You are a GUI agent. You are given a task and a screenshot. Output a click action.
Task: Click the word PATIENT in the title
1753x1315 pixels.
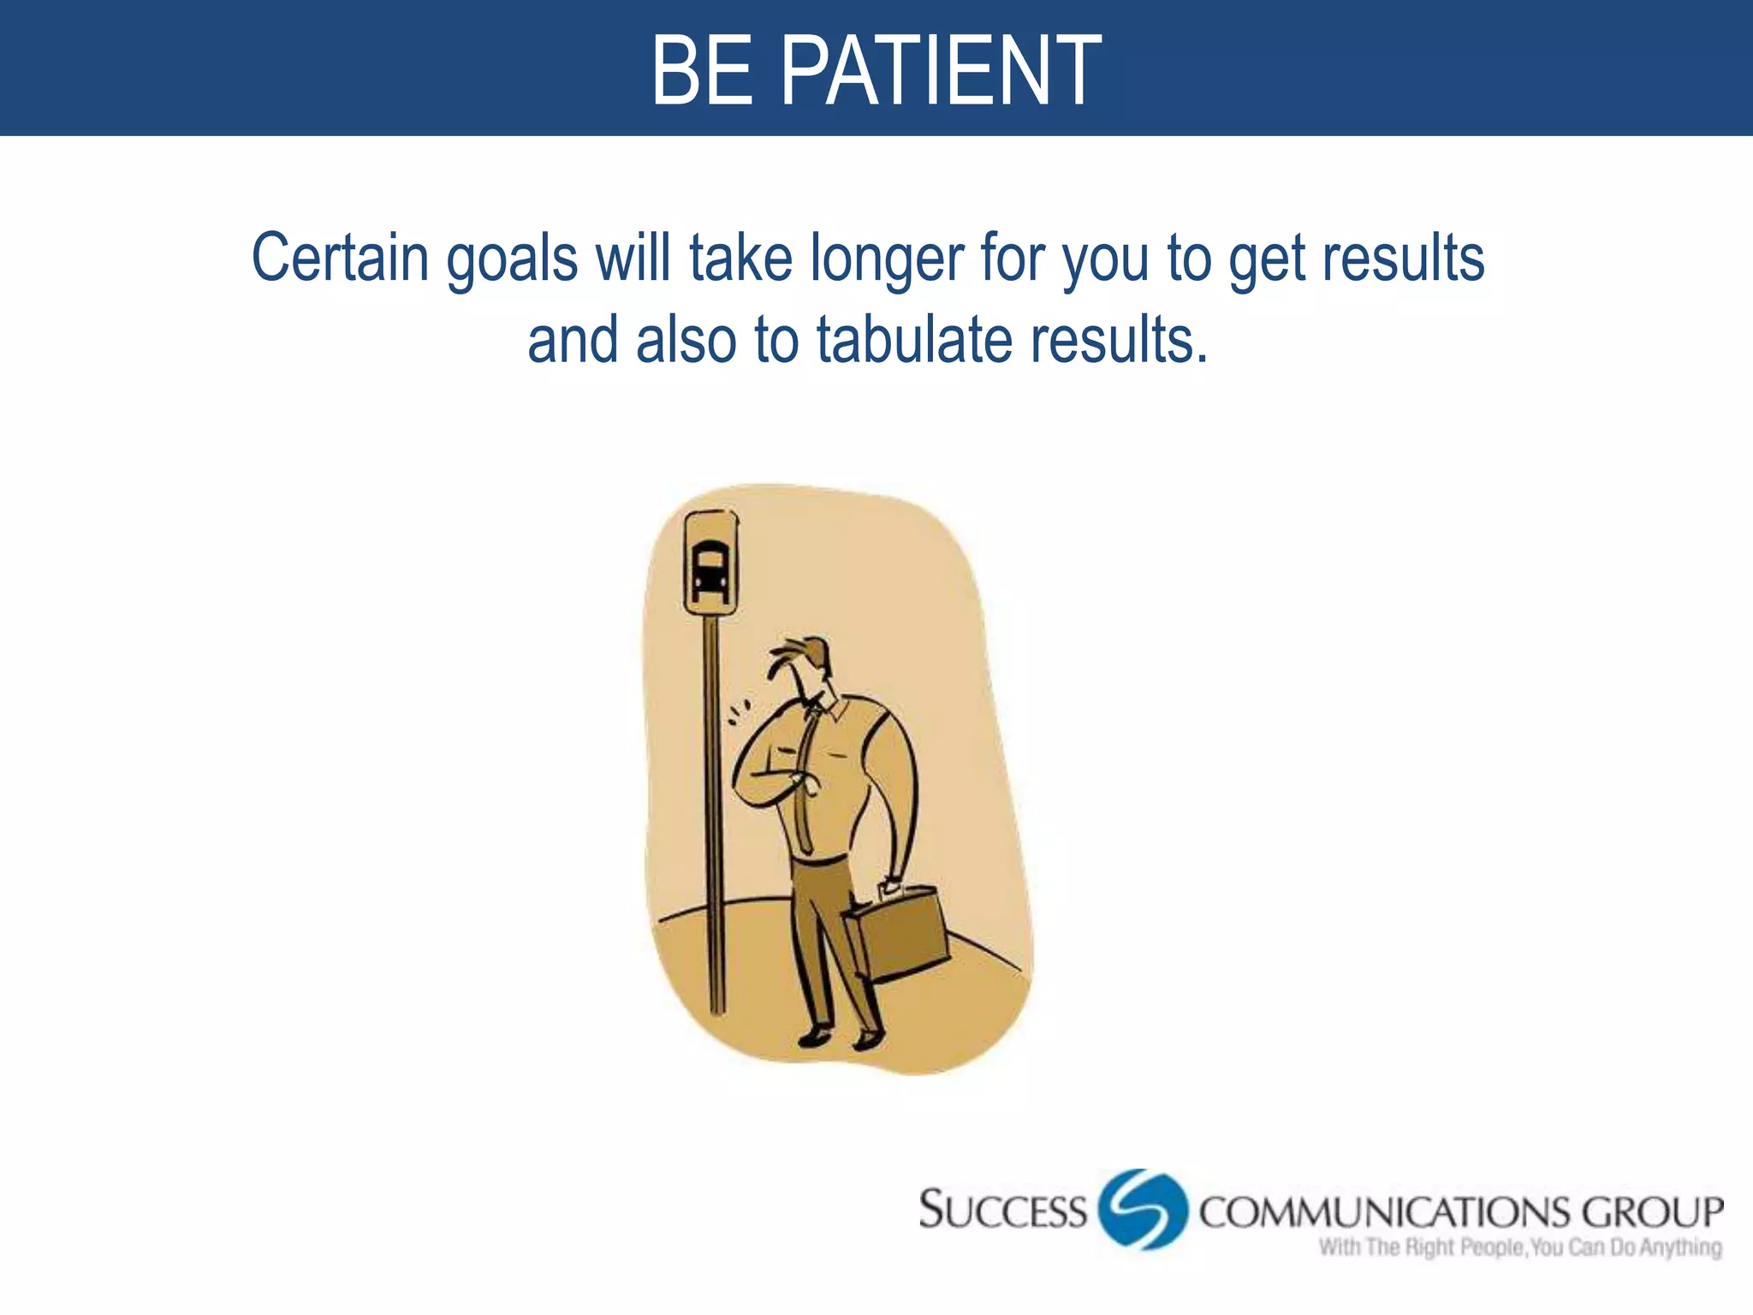[x=942, y=70]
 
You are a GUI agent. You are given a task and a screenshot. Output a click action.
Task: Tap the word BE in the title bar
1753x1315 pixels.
[x=702, y=70]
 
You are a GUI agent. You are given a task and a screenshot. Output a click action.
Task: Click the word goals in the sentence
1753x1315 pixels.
[x=512, y=259]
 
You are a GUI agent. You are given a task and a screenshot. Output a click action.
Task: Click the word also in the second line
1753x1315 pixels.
[x=686, y=340]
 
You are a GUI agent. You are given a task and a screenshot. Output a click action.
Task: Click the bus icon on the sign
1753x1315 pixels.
[x=710, y=569]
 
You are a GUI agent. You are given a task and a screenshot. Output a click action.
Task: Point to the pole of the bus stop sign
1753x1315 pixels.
[x=714, y=813]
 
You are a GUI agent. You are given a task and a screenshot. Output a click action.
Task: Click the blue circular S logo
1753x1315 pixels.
[x=1143, y=1209]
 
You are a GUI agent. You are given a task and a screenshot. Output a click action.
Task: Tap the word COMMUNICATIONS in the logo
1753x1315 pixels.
[x=1384, y=1213]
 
